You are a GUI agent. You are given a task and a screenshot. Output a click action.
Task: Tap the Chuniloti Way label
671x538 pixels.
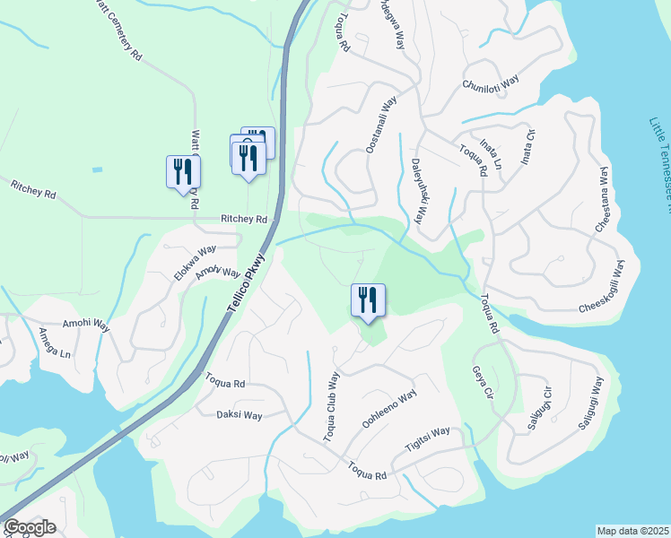click(x=491, y=83)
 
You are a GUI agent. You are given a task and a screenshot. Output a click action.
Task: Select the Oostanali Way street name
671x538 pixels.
click(x=379, y=126)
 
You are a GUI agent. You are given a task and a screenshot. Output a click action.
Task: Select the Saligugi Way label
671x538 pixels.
click(x=592, y=404)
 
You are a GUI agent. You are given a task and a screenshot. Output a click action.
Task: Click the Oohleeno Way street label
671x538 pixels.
click(x=389, y=409)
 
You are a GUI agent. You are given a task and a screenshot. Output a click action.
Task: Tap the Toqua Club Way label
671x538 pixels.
click(x=333, y=406)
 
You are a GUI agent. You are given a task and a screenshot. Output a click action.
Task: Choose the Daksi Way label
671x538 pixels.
click(x=240, y=415)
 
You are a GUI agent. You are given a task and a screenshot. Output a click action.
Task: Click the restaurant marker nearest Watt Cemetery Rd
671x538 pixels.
click(x=183, y=172)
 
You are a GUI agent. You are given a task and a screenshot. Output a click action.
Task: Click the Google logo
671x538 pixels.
click(x=30, y=527)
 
